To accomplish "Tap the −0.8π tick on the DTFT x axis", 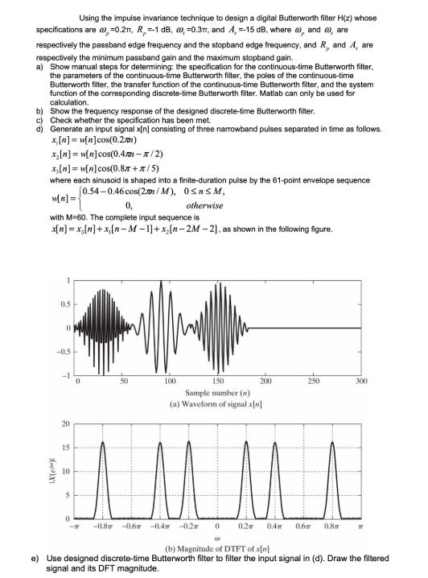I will [x=103, y=526].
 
